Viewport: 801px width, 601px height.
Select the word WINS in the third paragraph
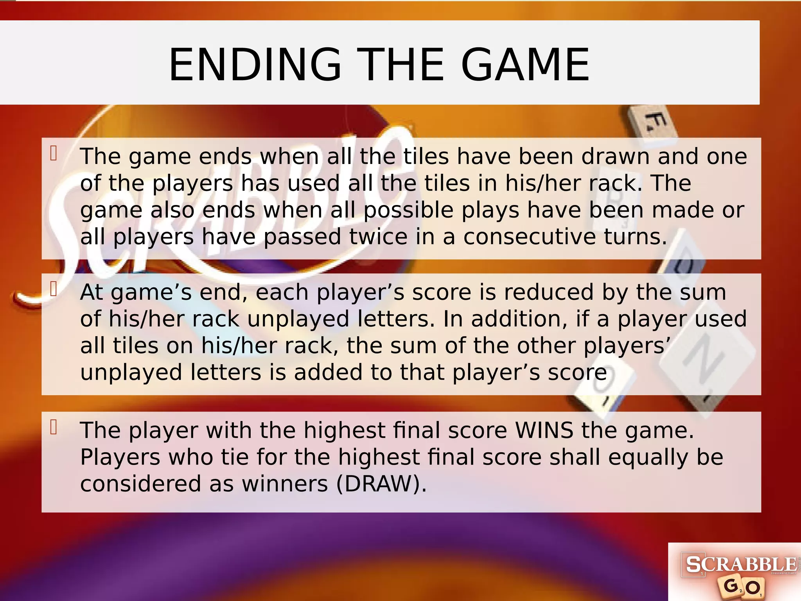(544, 430)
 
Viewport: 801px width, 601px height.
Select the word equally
(648, 457)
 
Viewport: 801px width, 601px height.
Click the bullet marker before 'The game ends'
(54, 153)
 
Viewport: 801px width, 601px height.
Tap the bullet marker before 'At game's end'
(54, 289)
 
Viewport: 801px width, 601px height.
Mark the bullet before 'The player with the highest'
(54, 427)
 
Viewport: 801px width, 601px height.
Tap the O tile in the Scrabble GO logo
(752, 588)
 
